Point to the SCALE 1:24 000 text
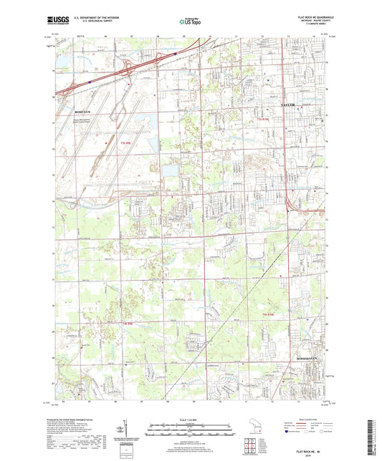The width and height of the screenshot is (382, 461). tap(191, 419)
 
